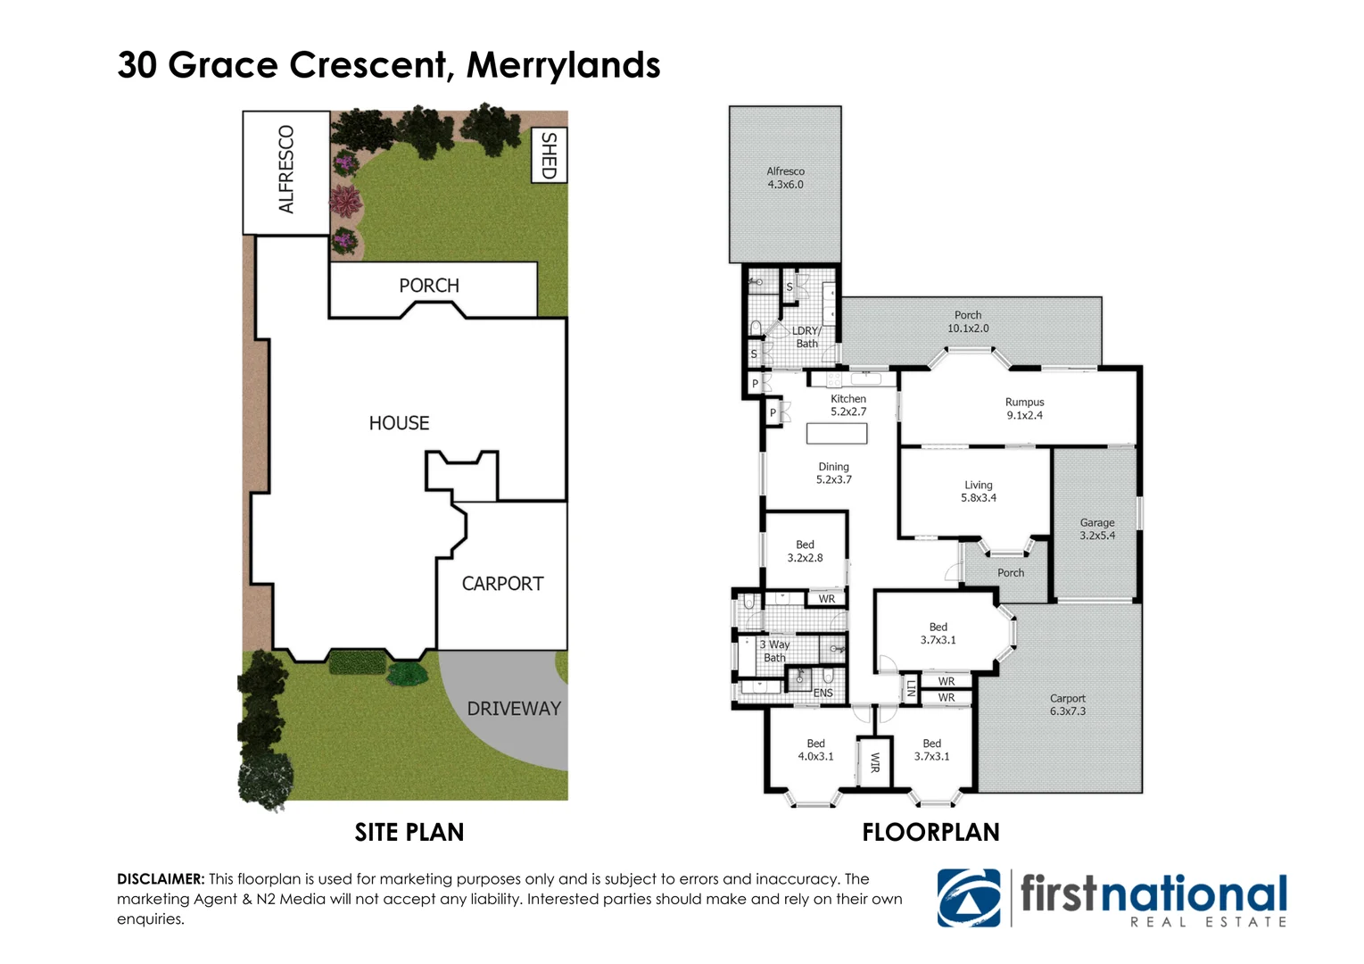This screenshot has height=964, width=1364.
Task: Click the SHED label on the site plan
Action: pos(549,155)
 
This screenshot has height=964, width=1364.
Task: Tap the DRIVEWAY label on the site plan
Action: pos(514,709)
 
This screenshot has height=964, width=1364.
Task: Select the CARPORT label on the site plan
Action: pos(502,584)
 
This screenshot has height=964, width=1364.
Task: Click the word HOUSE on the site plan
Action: pos(399,423)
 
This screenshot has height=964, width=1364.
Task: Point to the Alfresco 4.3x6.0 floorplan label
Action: pos(785,178)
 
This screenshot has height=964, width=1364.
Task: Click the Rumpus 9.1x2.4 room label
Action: pos(1024,409)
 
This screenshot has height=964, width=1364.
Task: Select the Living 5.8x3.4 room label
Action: pos(978,492)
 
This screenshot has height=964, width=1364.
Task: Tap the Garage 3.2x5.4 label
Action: pos(1096,529)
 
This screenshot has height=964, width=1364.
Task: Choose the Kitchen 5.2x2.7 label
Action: pos(847,405)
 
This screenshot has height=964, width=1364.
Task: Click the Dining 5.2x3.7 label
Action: pos(833,473)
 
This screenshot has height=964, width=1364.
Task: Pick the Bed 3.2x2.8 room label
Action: pos(805,551)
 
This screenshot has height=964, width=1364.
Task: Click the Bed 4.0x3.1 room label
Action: pos(815,750)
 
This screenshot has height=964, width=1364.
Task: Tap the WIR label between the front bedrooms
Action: pos(875,762)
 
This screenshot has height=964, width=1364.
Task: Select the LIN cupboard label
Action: pos(911,688)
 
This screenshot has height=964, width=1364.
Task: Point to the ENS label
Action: pos(823,693)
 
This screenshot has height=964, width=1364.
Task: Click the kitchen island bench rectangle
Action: pos(837,434)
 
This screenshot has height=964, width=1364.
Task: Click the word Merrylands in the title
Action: pos(563,65)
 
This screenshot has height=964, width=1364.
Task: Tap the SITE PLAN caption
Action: pos(409,832)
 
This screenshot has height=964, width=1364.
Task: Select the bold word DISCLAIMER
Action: pos(161,879)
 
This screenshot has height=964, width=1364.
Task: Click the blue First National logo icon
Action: pos(969,898)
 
